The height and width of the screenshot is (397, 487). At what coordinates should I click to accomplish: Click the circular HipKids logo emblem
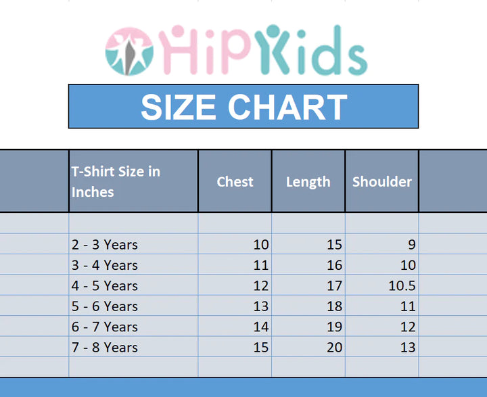[129, 51]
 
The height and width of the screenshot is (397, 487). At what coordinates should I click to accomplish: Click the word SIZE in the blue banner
[179, 107]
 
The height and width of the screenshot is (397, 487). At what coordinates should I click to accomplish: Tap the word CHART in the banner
[287, 107]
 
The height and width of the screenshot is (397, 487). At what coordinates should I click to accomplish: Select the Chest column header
[235, 182]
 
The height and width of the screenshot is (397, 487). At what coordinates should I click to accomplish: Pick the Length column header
[308, 183]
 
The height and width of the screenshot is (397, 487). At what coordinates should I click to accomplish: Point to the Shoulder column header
[382, 182]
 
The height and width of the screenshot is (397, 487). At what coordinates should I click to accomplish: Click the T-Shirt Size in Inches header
[116, 182]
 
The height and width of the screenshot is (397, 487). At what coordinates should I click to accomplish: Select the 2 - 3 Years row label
[104, 245]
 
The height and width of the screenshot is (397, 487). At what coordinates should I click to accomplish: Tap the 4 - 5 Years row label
[104, 286]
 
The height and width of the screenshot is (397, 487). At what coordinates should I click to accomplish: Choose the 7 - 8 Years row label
[104, 348]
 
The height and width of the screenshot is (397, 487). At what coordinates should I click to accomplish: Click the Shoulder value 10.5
[402, 286]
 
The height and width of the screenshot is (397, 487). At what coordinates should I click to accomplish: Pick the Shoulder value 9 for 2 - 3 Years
[412, 245]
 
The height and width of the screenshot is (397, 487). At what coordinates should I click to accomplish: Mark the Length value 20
[335, 348]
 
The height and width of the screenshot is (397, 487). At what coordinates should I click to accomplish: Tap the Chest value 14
[261, 327]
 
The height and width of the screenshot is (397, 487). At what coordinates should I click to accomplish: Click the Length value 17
[335, 286]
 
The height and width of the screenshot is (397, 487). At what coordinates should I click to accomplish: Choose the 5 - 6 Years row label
[104, 306]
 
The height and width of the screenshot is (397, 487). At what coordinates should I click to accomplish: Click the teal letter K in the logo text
[273, 49]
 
